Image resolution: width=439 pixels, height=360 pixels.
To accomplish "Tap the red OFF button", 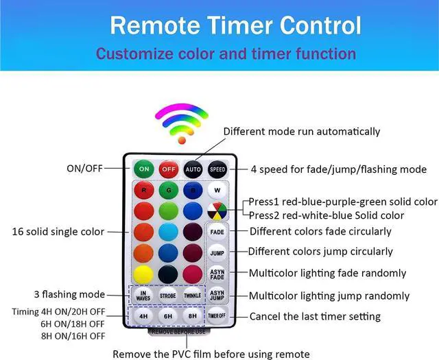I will pos(169,169).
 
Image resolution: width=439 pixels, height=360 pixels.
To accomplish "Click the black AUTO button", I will pos(193,169).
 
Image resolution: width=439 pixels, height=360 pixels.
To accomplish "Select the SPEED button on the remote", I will pos(217,169).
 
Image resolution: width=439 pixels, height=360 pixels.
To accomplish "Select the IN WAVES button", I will pos(143,296).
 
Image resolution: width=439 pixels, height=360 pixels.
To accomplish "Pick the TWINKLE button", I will pos(193,296).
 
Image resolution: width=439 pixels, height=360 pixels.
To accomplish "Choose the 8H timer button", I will pos(193,317).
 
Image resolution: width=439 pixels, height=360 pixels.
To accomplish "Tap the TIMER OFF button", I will pos(217,317).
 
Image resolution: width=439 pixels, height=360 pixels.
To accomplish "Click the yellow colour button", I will pos(143,274).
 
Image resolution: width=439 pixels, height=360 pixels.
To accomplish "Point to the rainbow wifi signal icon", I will pos(181,122).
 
